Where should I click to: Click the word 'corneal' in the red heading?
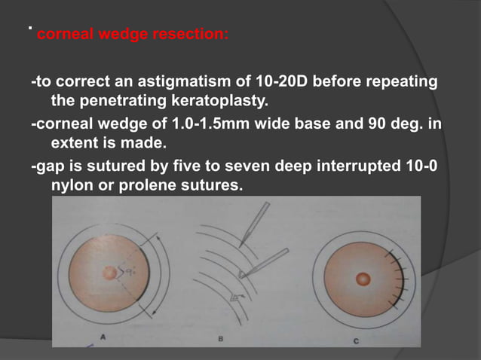point(62,35)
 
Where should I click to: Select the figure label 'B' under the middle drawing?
point(220,339)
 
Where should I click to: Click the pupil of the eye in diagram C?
point(363,279)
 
